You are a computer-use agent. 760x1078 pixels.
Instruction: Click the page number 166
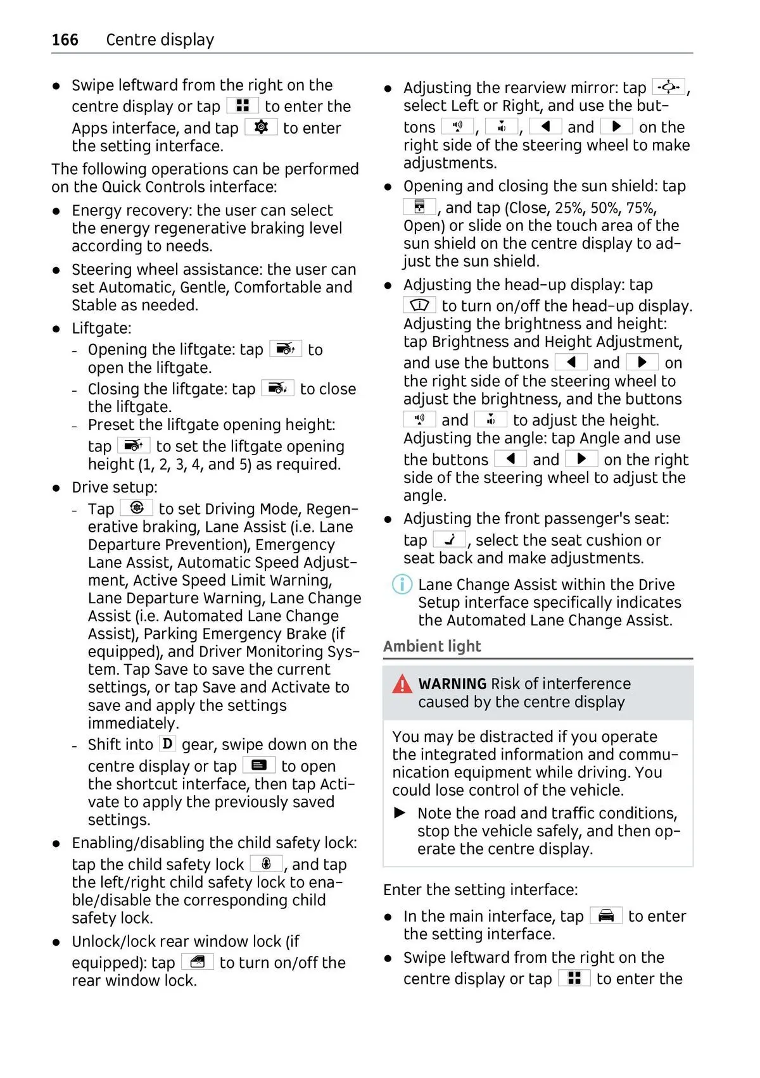click(x=65, y=40)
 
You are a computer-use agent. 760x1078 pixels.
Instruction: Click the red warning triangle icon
click(x=402, y=684)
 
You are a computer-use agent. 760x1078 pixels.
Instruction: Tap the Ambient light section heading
click(x=432, y=646)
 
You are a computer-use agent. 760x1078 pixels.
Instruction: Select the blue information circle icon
click(x=402, y=584)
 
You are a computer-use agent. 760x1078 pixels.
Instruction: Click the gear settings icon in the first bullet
click(x=261, y=127)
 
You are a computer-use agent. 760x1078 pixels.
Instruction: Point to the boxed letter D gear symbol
click(x=167, y=744)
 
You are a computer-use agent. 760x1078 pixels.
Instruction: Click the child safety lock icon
click(x=267, y=863)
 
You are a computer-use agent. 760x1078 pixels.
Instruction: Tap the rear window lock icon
click(x=198, y=962)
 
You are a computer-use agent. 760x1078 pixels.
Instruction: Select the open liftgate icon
click(x=286, y=349)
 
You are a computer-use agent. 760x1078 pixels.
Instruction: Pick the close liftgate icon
click(x=277, y=388)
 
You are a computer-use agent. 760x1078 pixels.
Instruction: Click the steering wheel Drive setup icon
click(x=136, y=508)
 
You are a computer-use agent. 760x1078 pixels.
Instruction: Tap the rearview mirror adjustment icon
click(x=668, y=87)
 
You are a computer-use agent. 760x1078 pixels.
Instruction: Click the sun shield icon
click(x=419, y=207)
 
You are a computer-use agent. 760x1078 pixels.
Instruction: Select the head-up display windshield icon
click(x=419, y=305)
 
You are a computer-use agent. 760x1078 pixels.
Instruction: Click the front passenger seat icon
click(x=450, y=540)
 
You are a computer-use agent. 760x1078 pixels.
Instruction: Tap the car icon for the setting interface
click(x=606, y=915)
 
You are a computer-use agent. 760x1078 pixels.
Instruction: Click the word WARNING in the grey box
click(x=452, y=684)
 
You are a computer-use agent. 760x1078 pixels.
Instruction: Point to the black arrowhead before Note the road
click(x=400, y=813)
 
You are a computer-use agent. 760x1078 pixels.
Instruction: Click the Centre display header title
click(x=160, y=40)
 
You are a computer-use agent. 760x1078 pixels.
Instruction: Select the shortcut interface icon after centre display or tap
click(x=259, y=765)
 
